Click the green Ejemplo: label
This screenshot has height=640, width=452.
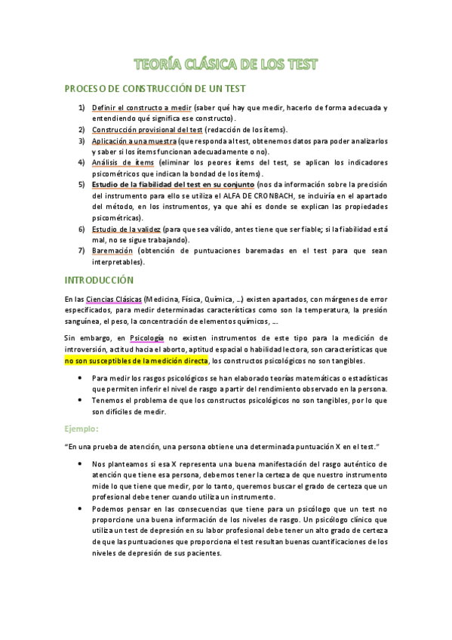click(81, 429)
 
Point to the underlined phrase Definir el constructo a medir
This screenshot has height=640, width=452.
click(141, 108)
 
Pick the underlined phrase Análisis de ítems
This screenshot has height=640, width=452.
click(122, 162)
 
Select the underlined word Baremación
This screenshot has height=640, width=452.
click(112, 250)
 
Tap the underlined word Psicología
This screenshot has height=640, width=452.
click(146, 337)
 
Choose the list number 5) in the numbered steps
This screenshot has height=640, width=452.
click(81, 184)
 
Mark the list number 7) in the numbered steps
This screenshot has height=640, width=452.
click(81, 250)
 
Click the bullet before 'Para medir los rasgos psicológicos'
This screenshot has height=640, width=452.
click(81, 377)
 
